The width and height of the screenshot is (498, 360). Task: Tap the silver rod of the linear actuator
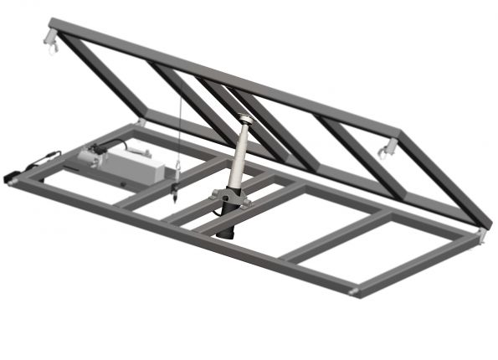pyautogui.click(x=239, y=155)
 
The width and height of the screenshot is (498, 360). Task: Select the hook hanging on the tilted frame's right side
pyautogui.click(x=387, y=151)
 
